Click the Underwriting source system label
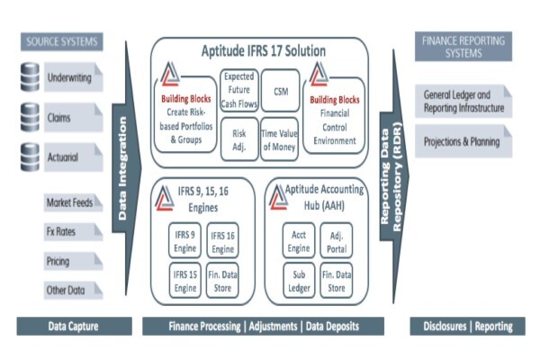click(74, 76)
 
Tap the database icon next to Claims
click(30, 117)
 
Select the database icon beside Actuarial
click(30, 157)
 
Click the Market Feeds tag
click(73, 202)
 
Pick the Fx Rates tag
click(73, 231)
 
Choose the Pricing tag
click(73, 261)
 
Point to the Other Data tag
click(73, 290)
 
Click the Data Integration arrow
click(126, 168)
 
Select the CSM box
click(280, 91)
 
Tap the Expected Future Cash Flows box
click(239, 90)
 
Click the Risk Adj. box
click(239, 139)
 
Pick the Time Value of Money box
click(279, 139)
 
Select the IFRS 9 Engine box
click(184, 240)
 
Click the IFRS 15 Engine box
click(185, 281)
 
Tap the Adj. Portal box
click(337, 240)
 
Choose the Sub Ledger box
click(299, 281)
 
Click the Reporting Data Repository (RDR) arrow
click(394, 176)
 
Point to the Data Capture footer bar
click(74, 326)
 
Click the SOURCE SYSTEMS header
click(61, 41)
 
